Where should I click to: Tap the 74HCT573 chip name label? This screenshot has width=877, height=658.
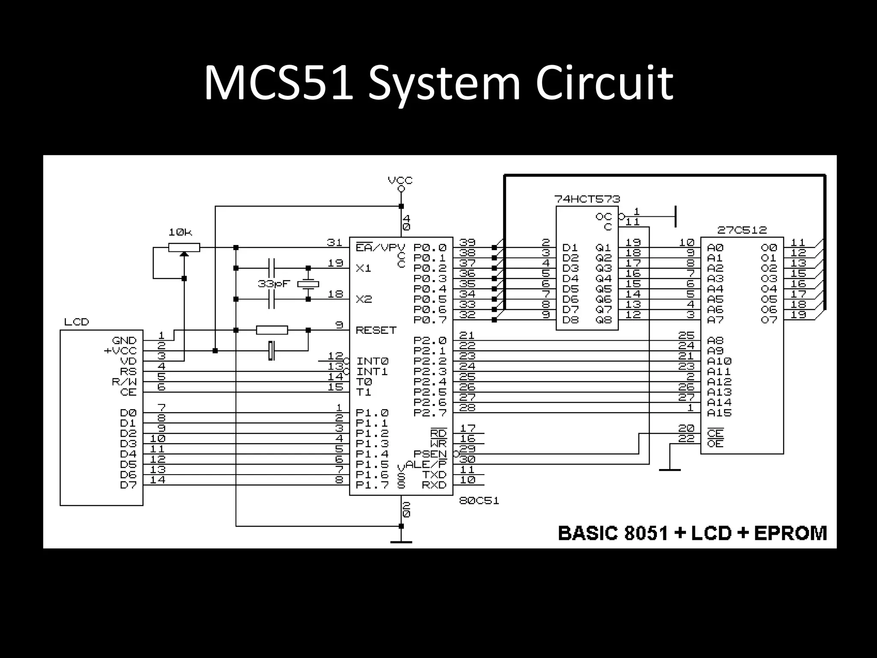587,199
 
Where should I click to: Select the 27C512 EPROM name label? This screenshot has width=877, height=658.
742,230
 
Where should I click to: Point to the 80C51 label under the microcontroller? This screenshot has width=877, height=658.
479,501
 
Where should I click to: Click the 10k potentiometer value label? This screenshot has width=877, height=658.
180,233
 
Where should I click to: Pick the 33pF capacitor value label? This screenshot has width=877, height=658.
274,284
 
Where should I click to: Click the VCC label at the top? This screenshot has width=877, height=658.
400,180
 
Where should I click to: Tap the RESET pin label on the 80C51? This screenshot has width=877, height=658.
376,330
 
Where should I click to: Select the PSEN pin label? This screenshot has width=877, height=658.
430,454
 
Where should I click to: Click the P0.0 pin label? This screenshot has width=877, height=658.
430,248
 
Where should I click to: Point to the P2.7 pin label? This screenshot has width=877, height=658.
430,413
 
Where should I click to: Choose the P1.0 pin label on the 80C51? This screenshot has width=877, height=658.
372,413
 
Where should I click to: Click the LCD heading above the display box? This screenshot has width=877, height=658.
77,322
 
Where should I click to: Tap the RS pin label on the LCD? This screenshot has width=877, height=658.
128,372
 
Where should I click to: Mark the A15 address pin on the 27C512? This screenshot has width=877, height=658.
719,413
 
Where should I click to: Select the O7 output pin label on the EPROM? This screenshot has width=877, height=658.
769,320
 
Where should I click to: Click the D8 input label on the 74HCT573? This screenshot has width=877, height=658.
570,320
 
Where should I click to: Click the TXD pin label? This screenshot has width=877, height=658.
434,475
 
